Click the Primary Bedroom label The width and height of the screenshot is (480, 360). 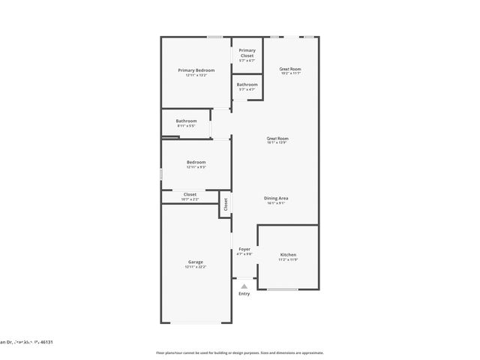pos(196,70)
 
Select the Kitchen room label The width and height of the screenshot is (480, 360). pos(289,254)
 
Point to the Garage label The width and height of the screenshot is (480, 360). pos(196,262)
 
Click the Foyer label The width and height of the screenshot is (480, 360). pos(244,248)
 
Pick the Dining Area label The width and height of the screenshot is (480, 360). pos(277,198)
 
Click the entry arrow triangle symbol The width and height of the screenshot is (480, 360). pos(244,286)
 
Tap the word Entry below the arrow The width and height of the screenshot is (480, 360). pos(244,293)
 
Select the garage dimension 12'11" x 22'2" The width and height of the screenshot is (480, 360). pos(196,267)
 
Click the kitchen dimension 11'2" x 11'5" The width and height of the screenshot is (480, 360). pos(289,259)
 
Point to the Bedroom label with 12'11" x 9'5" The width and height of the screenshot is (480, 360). pos(196,162)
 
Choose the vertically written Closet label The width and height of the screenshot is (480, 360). pos(226,203)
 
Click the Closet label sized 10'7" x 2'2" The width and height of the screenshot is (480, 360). pos(190,194)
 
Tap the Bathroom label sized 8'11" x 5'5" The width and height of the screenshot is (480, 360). pos(187,121)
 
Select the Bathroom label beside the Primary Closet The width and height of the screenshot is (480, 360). pos(247,84)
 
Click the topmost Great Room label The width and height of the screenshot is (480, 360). pos(290,68)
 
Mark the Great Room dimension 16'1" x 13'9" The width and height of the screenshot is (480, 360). pos(277,143)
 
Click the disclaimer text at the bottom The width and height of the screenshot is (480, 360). pos(239,352)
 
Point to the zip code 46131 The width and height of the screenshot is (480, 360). pos(46,341)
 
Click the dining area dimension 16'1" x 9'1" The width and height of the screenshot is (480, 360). pos(277,203)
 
